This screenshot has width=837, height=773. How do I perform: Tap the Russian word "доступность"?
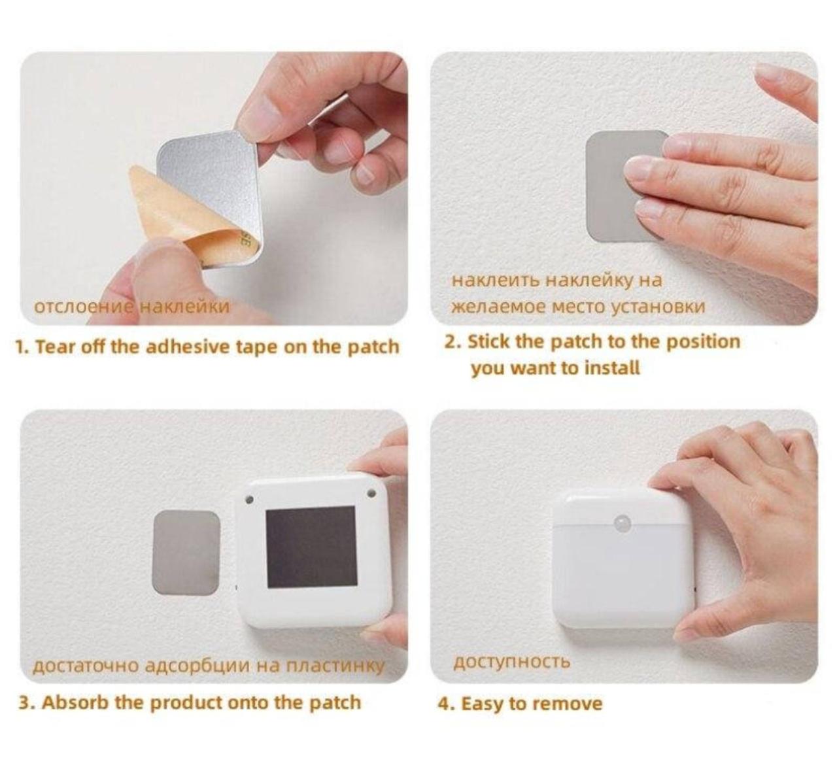pyautogui.click(x=511, y=662)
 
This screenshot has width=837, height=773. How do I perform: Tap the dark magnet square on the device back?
pyautogui.click(x=311, y=548)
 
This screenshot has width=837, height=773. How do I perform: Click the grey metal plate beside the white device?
pyautogui.click(x=186, y=553)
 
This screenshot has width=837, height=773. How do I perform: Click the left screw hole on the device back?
pyautogui.click(x=250, y=500)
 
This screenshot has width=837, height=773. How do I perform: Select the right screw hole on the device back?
pyautogui.click(x=371, y=492)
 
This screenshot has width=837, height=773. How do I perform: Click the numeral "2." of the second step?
pyautogui.click(x=453, y=341)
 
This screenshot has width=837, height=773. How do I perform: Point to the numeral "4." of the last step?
pyautogui.click(x=446, y=704)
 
